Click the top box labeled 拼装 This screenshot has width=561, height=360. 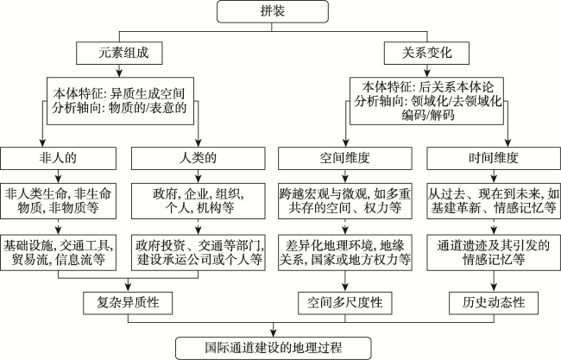pos(273,11)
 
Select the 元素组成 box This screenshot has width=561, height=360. pos(119,54)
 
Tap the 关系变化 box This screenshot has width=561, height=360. pos(426,54)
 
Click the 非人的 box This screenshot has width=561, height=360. pos(59,158)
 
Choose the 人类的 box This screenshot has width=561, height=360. pos(199,158)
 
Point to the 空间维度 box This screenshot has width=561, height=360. pos(345,158)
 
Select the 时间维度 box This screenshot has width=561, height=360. pos(494,158)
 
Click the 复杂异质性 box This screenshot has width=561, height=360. pos(128,303)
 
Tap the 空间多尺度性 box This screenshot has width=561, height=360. pos(345,303)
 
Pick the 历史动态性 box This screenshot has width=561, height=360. pos(494,303)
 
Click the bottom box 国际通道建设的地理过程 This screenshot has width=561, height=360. pos(274,348)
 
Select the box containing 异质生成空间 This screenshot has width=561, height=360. pos(120,101)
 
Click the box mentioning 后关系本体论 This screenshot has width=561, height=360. pos(426,101)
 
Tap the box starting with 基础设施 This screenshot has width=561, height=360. pos(59,253)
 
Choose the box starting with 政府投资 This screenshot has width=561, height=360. pos(199,253)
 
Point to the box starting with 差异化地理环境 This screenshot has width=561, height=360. pos(345,253)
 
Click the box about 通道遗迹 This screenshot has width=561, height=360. pos(494,253)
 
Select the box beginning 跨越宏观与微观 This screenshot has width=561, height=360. pos(345,201)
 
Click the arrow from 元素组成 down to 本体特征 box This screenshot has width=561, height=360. pos(119,71)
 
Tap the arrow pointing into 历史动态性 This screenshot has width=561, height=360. pos(494,281)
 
